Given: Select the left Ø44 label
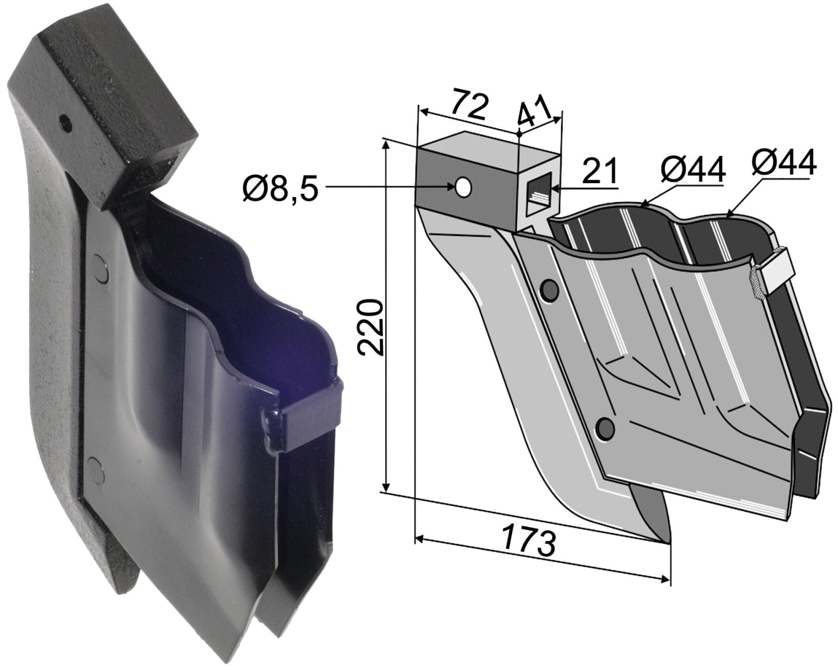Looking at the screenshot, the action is tap(693, 170).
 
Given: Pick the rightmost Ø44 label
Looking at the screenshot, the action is tap(783, 162).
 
